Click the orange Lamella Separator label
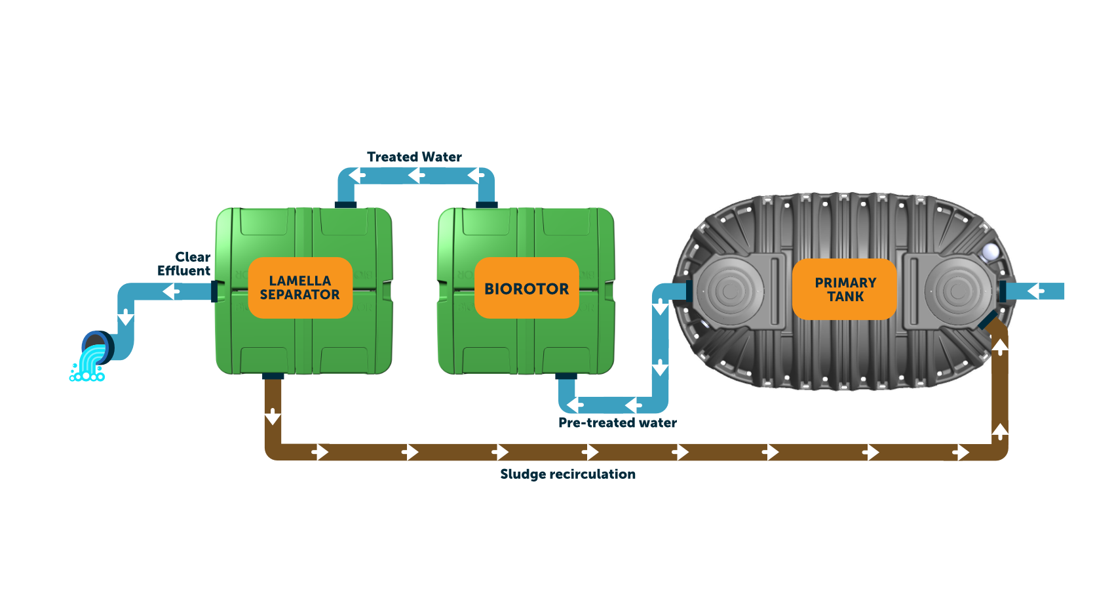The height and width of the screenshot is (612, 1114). tap(300, 288)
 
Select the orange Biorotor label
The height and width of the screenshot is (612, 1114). tap(527, 288)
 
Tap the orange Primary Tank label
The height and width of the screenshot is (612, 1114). tap(845, 289)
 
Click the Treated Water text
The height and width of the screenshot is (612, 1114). tap(414, 157)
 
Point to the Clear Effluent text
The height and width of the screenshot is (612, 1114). tap(184, 264)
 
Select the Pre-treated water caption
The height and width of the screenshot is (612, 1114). tap(618, 423)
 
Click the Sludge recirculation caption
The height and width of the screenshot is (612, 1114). tap(568, 474)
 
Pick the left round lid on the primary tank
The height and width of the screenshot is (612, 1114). tap(730, 291)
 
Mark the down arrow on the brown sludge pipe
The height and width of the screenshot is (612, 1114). tap(273, 417)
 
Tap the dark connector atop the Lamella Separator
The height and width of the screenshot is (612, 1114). tap(345, 205)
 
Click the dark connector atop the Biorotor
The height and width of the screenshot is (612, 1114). tap(487, 205)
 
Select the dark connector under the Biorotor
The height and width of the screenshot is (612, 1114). tap(566, 377)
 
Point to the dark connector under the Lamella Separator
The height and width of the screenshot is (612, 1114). tap(273, 377)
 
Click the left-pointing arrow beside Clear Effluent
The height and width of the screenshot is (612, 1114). tap(171, 291)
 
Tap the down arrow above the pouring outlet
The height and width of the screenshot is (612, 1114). tap(126, 317)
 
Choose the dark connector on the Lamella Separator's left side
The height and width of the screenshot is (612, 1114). tap(214, 291)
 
